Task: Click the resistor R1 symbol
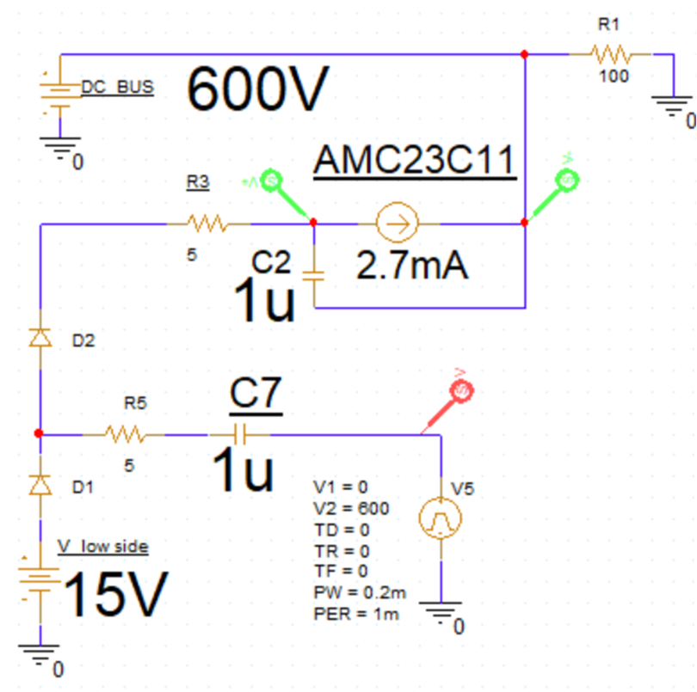(612, 56)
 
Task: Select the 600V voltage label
(258, 89)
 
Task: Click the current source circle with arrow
(397, 224)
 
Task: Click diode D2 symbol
(40, 339)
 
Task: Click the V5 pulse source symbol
(440, 517)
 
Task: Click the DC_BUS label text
(117, 88)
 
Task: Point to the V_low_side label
(102, 546)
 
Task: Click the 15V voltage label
(114, 595)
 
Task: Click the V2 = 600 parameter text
(352, 508)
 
